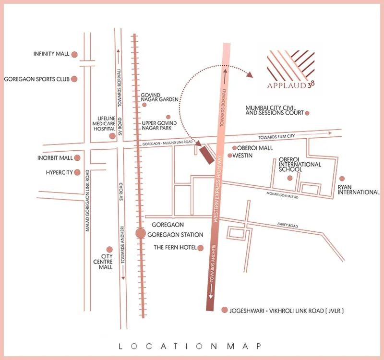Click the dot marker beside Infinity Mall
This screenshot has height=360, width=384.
click(74, 54)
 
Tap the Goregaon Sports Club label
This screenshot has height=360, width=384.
click(36, 79)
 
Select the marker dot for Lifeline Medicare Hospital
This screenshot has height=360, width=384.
click(112, 136)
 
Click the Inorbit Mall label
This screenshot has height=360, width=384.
click(55, 158)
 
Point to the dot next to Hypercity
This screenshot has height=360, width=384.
click(77, 172)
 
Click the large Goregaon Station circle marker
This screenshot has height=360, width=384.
click(140, 233)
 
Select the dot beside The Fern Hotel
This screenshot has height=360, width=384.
click(201, 248)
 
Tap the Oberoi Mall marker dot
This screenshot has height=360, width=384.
click(234, 148)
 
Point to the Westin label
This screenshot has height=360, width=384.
click(243, 156)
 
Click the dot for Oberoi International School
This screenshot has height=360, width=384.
click(289, 178)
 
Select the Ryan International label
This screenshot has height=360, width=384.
click(359, 189)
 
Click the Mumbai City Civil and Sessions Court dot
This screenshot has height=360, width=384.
click(307, 113)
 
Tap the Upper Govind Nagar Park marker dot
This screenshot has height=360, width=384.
click(168, 117)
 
